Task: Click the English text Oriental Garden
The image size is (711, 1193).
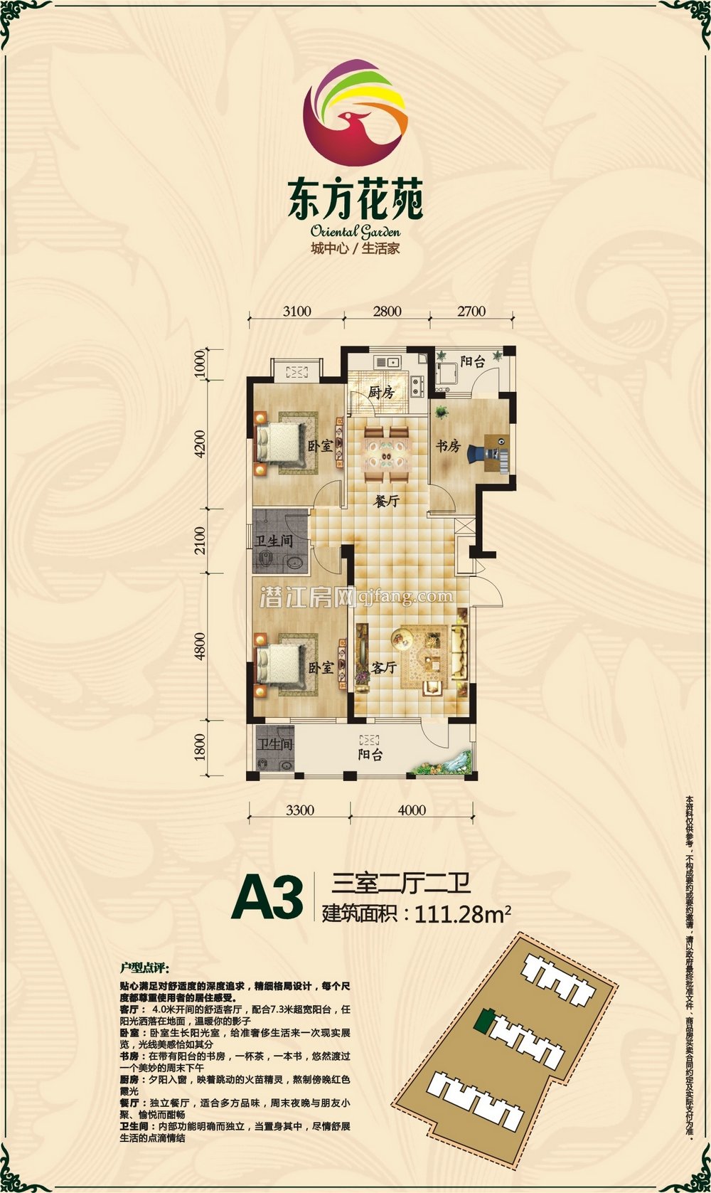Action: click(x=355, y=231)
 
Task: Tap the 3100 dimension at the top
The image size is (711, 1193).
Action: click(x=296, y=311)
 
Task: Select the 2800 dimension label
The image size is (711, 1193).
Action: click(x=387, y=311)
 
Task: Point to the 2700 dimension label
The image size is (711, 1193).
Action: click(x=471, y=311)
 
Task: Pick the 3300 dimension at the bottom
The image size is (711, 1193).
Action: click(x=300, y=810)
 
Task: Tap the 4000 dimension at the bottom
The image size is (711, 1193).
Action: click(x=412, y=810)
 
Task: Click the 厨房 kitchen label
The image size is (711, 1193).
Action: click(x=381, y=392)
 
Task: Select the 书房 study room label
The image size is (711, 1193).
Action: click(x=448, y=446)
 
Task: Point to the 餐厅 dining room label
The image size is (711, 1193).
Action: click(x=387, y=502)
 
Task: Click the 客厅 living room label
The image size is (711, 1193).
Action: click(x=384, y=667)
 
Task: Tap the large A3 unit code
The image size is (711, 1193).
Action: click(x=267, y=900)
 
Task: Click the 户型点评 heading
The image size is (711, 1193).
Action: click(x=145, y=968)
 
